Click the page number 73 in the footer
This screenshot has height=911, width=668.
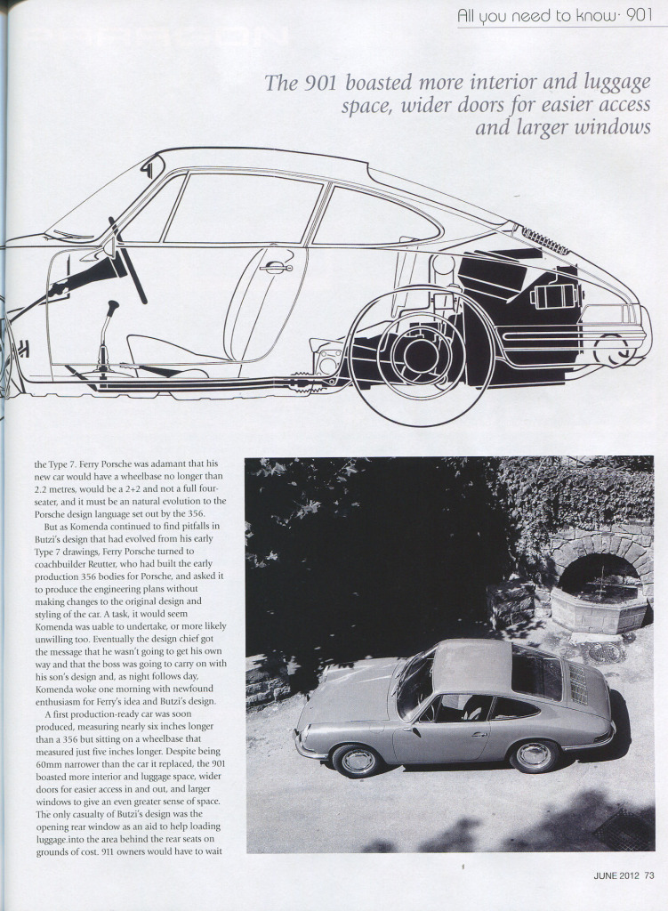[649, 875]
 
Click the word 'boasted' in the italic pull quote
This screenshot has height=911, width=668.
[382, 84]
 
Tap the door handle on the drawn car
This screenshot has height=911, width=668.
[278, 266]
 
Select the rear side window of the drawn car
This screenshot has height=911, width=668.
[374, 218]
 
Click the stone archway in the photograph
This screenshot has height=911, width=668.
[600, 569]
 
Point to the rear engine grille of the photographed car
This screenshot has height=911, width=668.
[578, 683]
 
